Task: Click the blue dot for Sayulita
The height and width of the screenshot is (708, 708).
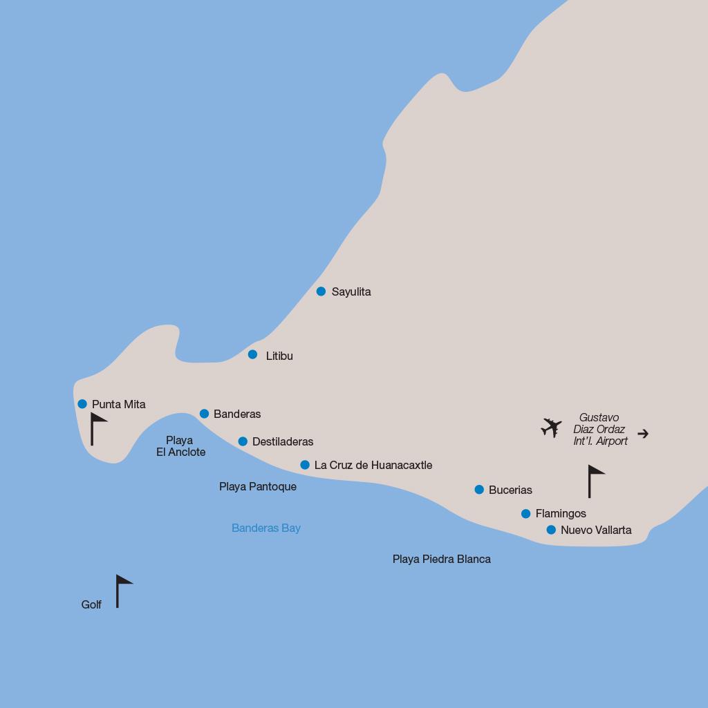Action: coord(321,291)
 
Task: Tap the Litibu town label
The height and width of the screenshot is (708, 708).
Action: coord(279,356)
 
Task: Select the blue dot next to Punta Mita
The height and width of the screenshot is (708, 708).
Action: coord(82,404)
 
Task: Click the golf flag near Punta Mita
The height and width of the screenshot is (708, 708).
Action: coord(97,428)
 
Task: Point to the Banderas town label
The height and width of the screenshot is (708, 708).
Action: coord(237,414)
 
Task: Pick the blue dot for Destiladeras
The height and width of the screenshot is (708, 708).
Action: coord(243,441)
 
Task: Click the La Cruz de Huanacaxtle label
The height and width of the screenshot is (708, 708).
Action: coord(373,465)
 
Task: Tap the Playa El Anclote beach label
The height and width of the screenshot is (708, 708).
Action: coord(180,446)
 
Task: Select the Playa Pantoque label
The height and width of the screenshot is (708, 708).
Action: coord(258,486)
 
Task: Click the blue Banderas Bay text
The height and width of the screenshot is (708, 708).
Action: coord(266,528)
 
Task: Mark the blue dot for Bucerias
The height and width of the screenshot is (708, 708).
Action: coord(479,490)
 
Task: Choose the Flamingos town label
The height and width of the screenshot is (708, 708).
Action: coord(561,513)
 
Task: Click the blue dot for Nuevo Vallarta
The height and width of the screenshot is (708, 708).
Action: coord(551,530)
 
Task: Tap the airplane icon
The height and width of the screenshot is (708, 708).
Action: coord(551,428)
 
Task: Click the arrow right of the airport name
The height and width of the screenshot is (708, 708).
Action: coord(643,434)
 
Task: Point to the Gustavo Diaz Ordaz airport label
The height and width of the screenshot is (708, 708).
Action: coord(600,429)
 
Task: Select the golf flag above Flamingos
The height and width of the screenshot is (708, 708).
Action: coord(595,481)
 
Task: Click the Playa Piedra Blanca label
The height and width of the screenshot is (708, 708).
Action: coord(442,559)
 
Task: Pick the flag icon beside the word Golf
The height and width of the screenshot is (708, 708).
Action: coord(122,591)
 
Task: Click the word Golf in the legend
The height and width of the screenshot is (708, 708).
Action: coord(91,604)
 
